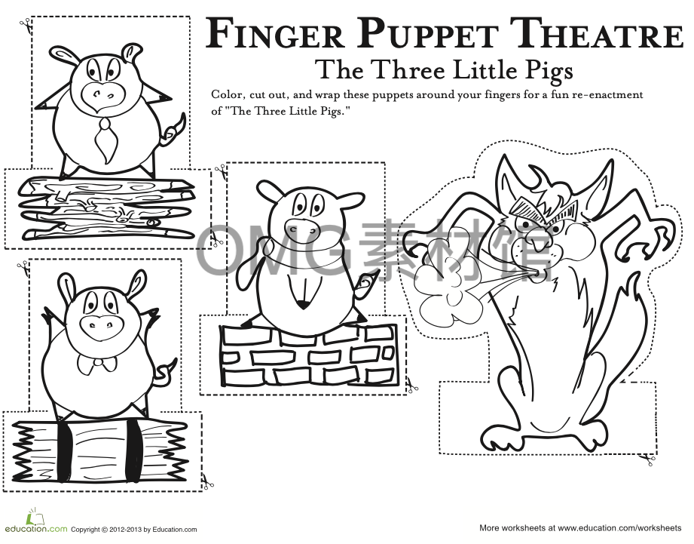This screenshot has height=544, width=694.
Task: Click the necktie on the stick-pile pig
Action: pos(106,137)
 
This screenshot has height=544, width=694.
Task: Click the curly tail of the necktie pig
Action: pos(174,131)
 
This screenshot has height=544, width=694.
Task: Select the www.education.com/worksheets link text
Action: pos(619,528)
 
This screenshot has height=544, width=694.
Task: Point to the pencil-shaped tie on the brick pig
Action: pos(302,290)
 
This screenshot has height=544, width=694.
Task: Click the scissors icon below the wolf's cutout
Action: pos(647,458)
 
